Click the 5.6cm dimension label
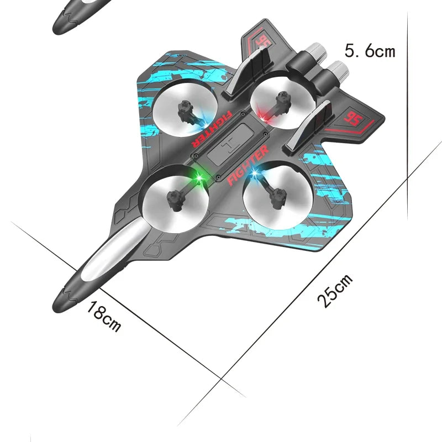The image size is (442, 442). tap(370, 51)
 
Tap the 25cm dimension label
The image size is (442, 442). tap(335, 291)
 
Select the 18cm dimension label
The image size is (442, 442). tap(104, 317)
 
